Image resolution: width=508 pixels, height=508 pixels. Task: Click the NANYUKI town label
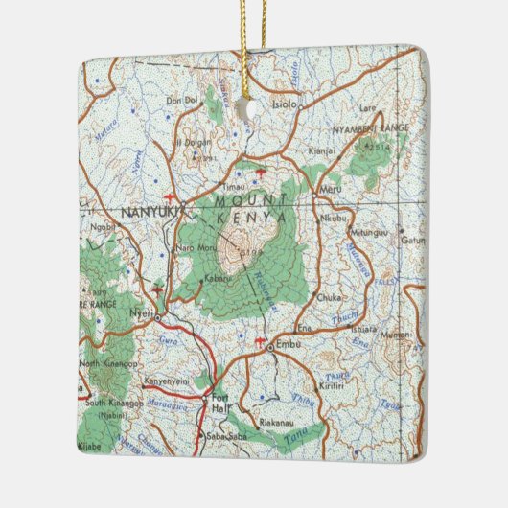pyautogui.click(x=146, y=213)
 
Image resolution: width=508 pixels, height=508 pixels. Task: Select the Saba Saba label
pyautogui.click(x=219, y=439)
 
